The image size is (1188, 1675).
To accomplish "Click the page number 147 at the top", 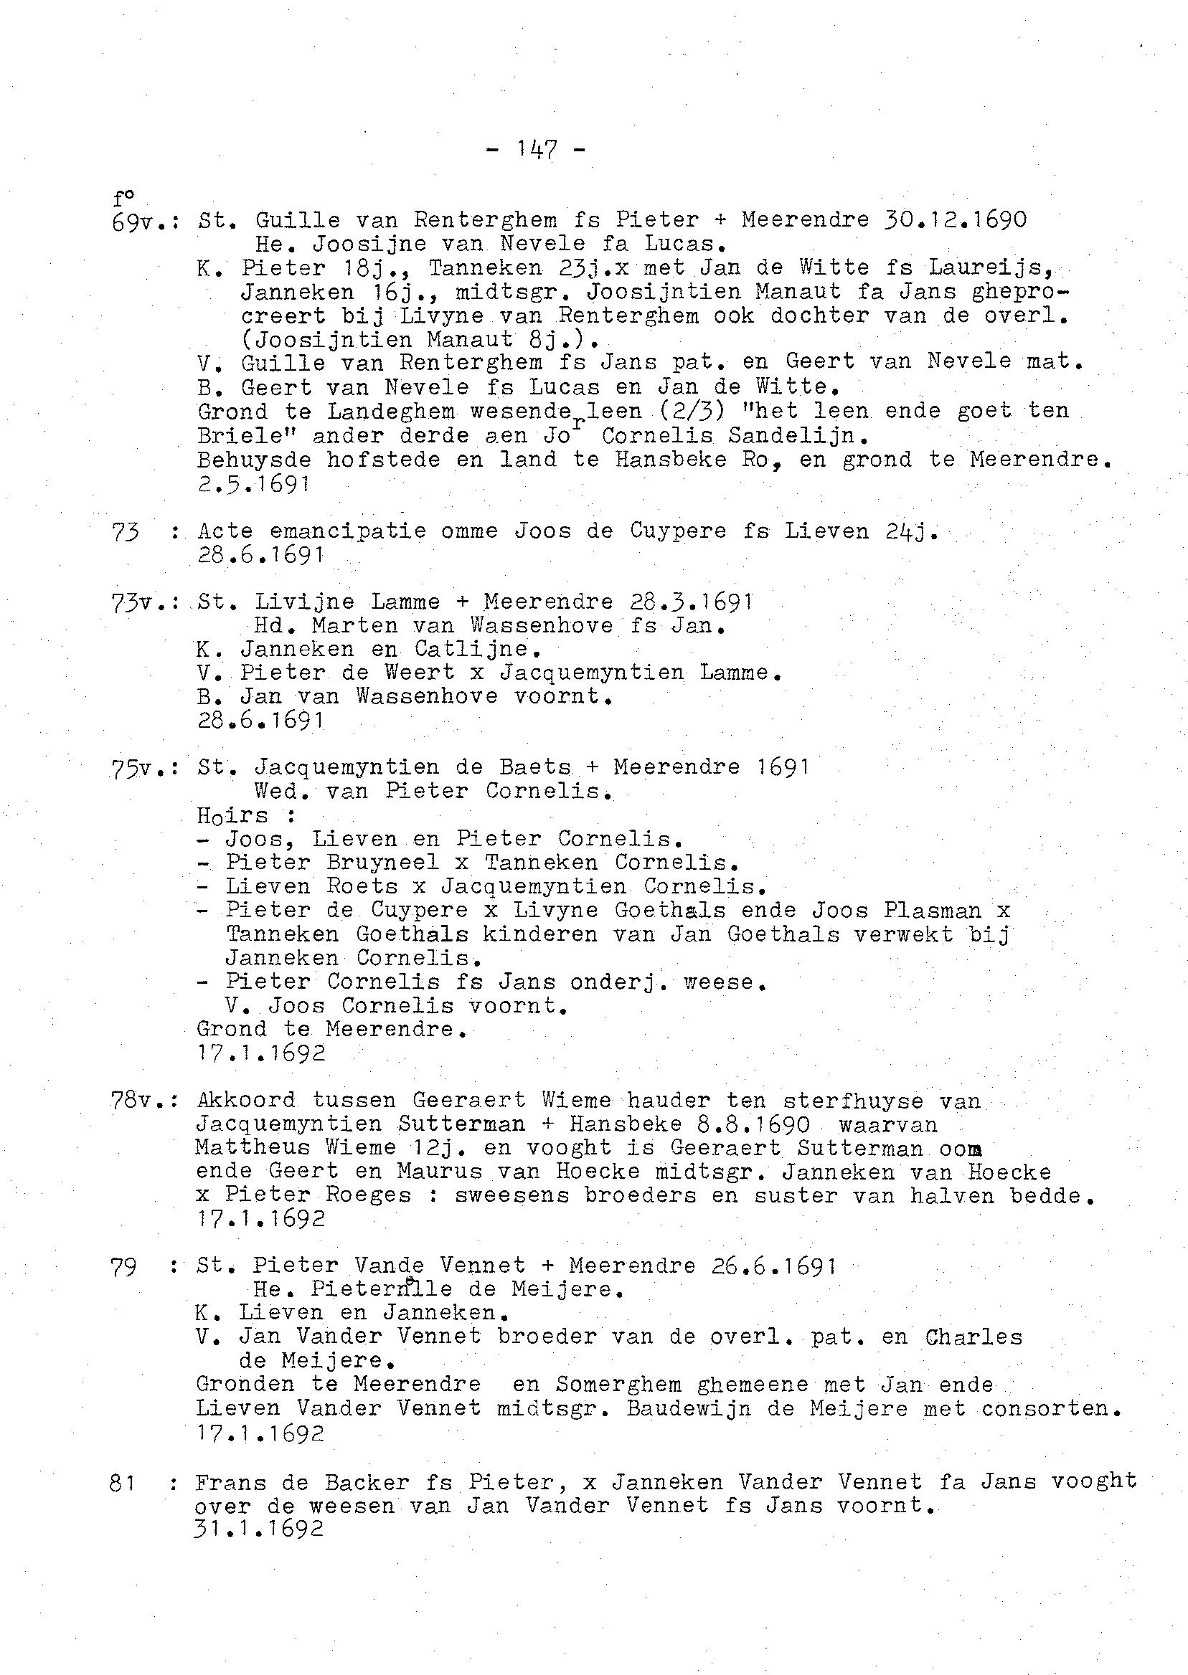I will pyautogui.click(x=537, y=150).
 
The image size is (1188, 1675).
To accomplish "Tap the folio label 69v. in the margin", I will pyautogui.click(x=138, y=222).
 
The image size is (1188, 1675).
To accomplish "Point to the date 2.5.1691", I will pyautogui.click(x=254, y=483).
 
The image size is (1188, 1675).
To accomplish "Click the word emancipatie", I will pyautogui.click(x=347, y=531).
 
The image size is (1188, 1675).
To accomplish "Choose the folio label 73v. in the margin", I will pyautogui.click(x=138, y=603).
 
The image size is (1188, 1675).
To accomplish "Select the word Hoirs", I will pyautogui.click(x=232, y=815).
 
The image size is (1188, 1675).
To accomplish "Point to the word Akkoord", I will pyautogui.click(x=246, y=1101).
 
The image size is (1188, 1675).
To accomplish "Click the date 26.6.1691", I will pyautogui.click(x=775, y=1266).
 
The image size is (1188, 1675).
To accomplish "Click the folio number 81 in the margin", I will pyautogui.click(x=123, y=1484).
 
